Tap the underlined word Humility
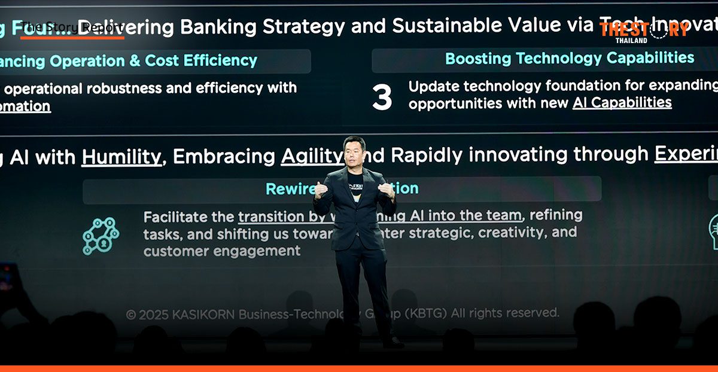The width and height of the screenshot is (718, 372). [121, 157]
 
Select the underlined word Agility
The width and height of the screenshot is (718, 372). [312, 156]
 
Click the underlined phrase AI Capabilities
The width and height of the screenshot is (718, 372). [622, 103]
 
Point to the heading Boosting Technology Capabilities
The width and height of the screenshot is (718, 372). [570, 58]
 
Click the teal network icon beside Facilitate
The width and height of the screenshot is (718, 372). [101, 235]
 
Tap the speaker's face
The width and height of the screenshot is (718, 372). [354, 153]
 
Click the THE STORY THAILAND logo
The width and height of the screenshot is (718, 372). [643, 31]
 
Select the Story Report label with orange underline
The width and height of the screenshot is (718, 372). [72, 28]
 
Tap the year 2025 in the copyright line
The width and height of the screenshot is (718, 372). [154, 314]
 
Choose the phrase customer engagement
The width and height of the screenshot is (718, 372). [222, 251]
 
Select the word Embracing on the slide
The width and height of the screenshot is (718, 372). [224, 157]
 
